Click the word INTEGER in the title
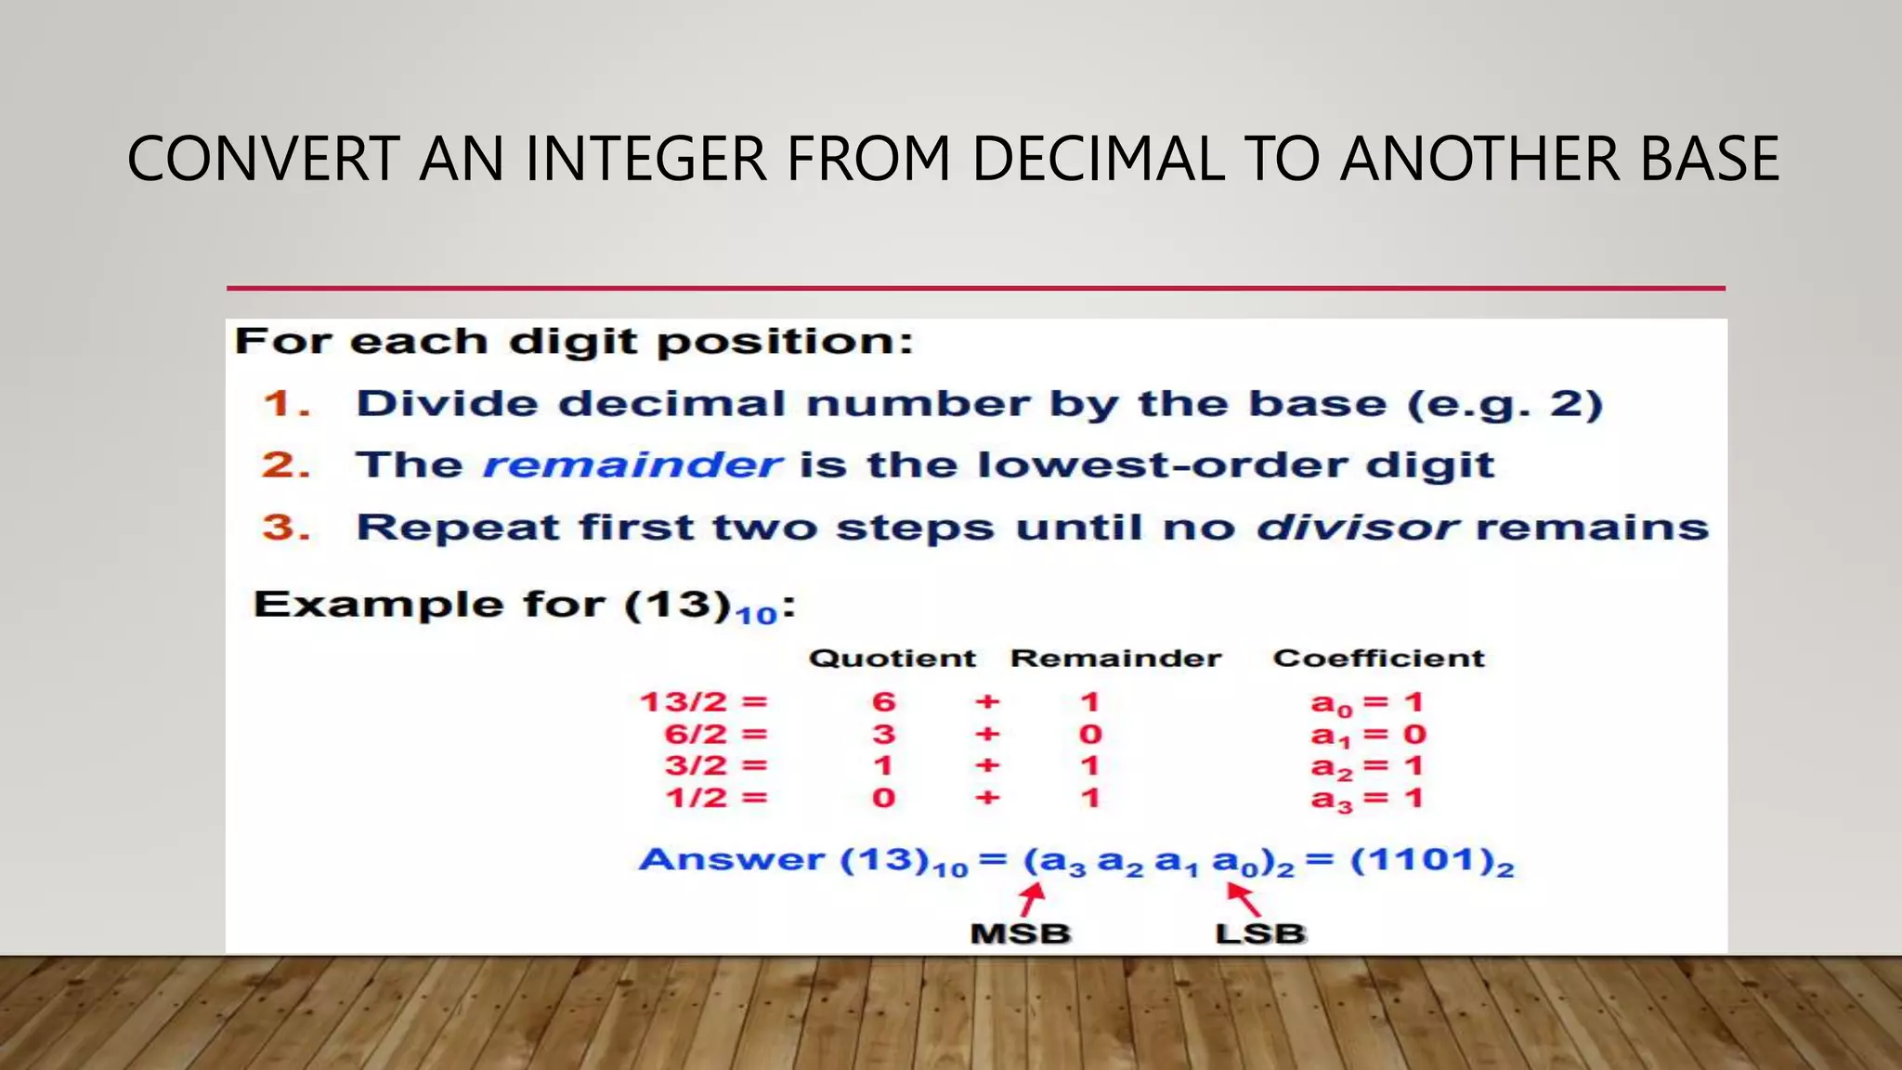pyautogui.click(x=646, y=159)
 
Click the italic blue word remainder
pyautogui.click(x=632, y=464)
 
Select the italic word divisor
pyautogui.click(x=1357, y=528)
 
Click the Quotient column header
pyautogui.click(x=892, y=659)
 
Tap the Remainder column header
pyautogui.click(x=1115, y=659)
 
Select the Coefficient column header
pyautogui.click(x=1378, y=659)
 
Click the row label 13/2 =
pyautogui.click(x=704, y=702)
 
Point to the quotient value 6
pyautogui.click(x=883, y=702)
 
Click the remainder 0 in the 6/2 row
pyautogui.click(x=1090, y=735)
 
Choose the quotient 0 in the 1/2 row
pyautogui.click(x=883, y=798)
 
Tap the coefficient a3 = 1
pyautogui.click(x=1366, y=799)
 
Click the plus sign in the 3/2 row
pyautogui.click(x=987, y=766)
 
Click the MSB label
pyautogui.click(x=1020, y=933)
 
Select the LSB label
pyautogui.click(x=1259, y=933)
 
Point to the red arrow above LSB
pyautogui.click(x=1244, y=899)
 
